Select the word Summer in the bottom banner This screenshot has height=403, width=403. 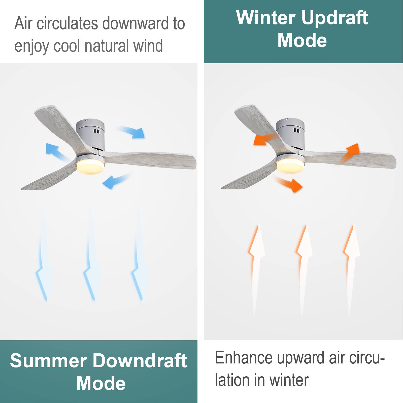pyautogui.click(x=48, y=360)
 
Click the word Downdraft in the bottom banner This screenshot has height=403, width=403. pyautogui.click(x=140, y=360)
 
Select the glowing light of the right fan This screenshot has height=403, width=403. pyautogui.click(x=290, y=165)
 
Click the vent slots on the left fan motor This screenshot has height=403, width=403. pyautogui.click(x=97, y=131)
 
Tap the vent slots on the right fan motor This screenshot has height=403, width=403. pyautogui.click(x=297, y=130)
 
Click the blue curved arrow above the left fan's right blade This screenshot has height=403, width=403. pyautogui.click(x=133, y=132)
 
